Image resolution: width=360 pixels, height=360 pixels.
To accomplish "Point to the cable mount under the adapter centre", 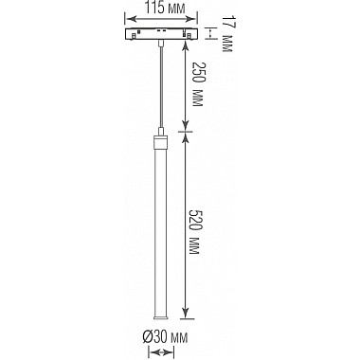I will pos(165,44).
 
